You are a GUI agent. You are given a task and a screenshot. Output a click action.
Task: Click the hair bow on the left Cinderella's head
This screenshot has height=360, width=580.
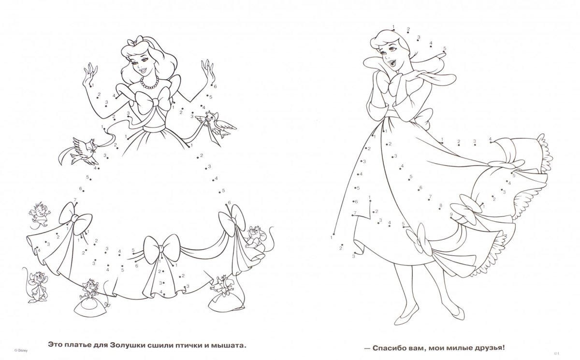click(x=135, y=42)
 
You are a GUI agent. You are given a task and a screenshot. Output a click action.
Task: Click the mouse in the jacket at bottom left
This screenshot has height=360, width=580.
click(x=38, y=287)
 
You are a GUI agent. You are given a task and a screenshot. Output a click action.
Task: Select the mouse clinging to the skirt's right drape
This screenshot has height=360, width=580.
click(x=255, y=239)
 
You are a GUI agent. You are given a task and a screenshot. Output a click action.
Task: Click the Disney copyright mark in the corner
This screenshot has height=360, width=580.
click(x=21, y=351)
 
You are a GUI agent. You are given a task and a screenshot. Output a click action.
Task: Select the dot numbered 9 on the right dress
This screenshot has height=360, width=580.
click(x=451, y=218)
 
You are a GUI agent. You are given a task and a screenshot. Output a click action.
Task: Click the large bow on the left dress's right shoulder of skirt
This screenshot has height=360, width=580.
click(x=232, y=220)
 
